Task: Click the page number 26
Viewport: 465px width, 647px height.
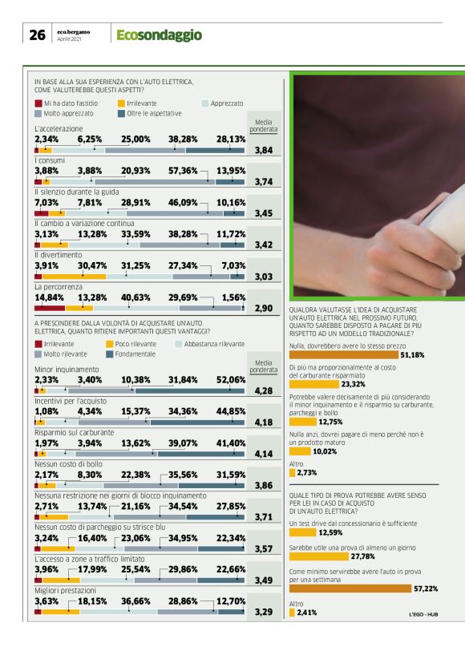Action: point(36,35)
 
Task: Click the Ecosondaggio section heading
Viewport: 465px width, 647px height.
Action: point(159,35)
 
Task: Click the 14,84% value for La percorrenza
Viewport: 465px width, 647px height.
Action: point(49,295)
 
